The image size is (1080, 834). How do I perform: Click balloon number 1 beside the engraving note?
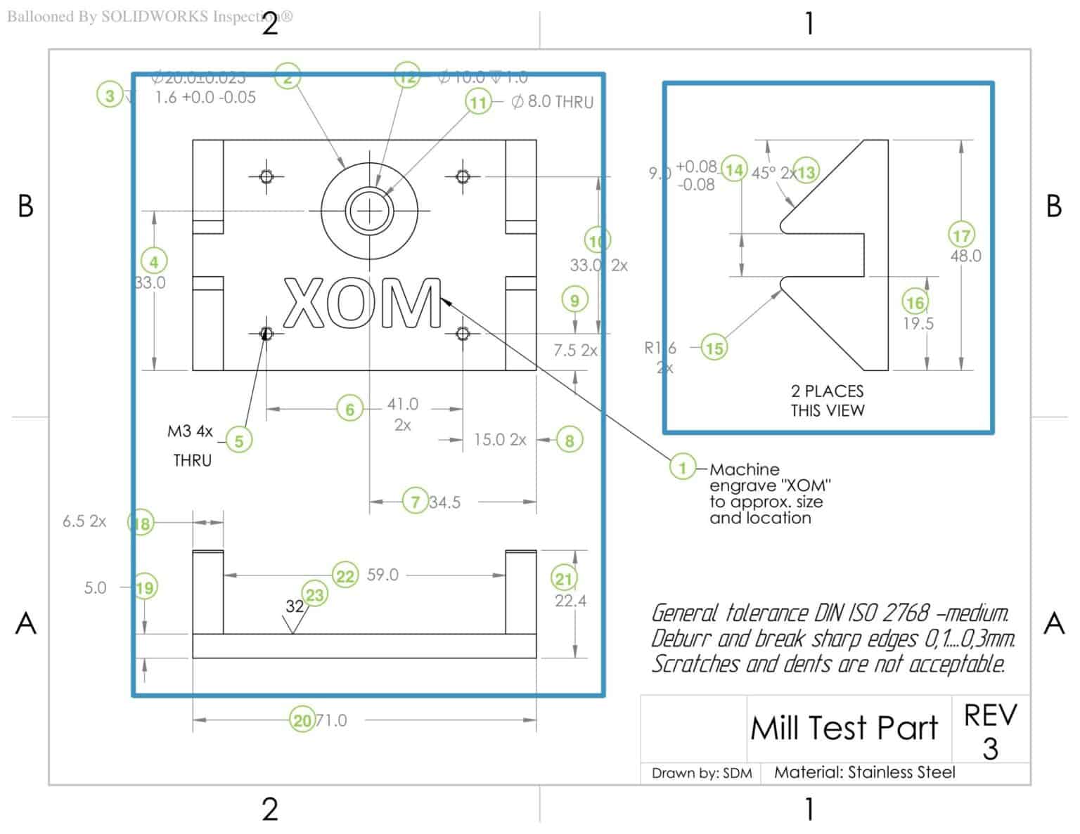point(682,467)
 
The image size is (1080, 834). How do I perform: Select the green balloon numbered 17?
point(961,235)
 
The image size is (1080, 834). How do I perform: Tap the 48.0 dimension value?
point(965,256)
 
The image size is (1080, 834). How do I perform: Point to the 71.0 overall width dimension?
point(331,721)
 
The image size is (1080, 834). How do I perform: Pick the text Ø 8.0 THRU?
point(553,102)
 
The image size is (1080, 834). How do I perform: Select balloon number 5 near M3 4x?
point(239,441)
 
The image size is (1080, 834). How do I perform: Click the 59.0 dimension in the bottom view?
point(382,575)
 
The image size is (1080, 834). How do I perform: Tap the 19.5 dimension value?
point(918,324)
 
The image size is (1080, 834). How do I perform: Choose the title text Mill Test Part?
point(844,728)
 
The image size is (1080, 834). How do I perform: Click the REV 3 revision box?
point(990,731)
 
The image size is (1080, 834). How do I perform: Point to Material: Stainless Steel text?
point(864,773)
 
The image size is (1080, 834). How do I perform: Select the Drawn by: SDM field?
point(701,774)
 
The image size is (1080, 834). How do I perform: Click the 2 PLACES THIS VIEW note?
point(827,400)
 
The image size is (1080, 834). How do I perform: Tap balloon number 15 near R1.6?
point(714,348)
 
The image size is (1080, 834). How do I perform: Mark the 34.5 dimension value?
point(444,502)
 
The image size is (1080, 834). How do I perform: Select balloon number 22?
point(345,576)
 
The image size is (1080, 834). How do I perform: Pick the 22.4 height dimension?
point(570,601)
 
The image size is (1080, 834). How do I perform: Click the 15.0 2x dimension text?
point(499,440)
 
